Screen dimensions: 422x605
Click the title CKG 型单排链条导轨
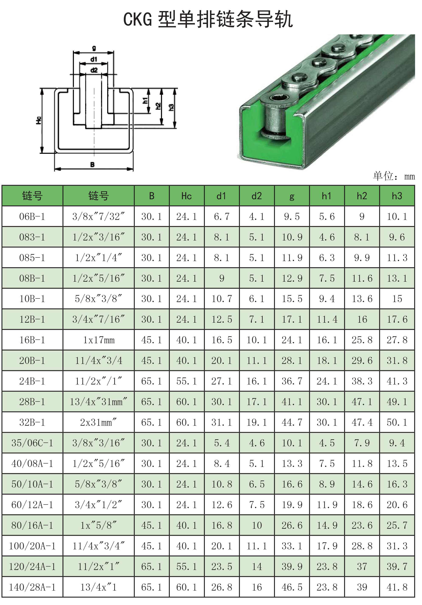tap(208, 19)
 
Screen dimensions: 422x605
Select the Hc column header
tap(186, 196)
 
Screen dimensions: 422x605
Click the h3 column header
tap(397, 196)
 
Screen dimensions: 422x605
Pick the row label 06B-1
tap(32, 217)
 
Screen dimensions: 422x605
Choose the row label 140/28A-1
tap(32, 587)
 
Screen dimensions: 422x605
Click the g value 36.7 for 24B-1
tap(292, 381)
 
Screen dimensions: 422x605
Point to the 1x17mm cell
tap(99, 340)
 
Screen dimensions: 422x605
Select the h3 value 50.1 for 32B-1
tap(397, 422)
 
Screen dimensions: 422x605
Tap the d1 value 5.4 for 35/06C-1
tap(222, 443)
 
